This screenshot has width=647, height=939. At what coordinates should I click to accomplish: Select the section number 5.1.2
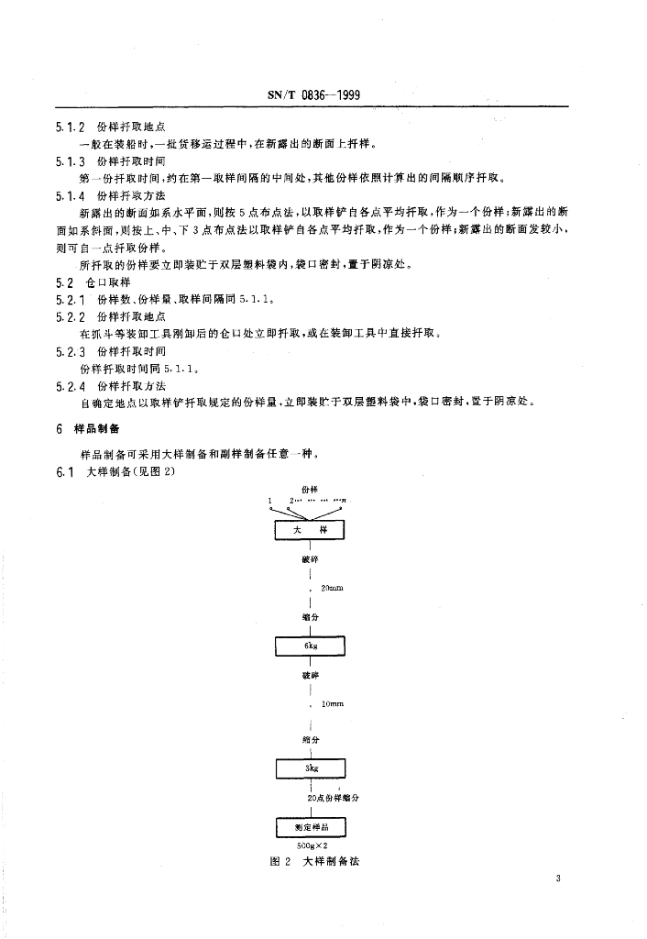tap(70, 127)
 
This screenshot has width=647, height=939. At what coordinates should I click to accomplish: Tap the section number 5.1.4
tap(70, 195)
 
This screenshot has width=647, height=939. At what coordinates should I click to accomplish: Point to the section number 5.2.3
tap(70, 351)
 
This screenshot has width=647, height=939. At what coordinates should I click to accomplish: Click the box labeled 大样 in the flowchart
tap(311, 530)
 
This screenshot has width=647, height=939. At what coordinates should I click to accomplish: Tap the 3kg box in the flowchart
tap(311, 767)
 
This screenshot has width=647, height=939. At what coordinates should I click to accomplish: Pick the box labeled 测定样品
tap(311, 826)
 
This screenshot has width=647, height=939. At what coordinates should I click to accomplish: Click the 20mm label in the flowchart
tap(332, 588)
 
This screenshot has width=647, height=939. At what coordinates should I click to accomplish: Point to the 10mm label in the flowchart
tap(332, 704)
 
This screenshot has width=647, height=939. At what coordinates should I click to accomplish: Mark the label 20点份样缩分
tap(334, 798)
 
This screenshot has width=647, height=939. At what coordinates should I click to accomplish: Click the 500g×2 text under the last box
tap(312, 845)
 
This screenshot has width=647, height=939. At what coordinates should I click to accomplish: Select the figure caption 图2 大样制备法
tap(312, 864)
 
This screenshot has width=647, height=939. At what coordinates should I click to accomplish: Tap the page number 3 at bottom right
tap(557, 879)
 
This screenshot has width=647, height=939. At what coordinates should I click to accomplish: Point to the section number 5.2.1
tap(70, 299)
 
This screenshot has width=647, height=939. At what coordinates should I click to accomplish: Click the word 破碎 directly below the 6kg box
tap(311, 675)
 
